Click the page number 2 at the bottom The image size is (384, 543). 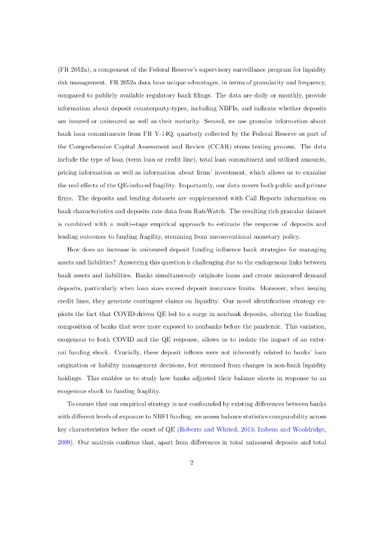click(191, 463)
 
